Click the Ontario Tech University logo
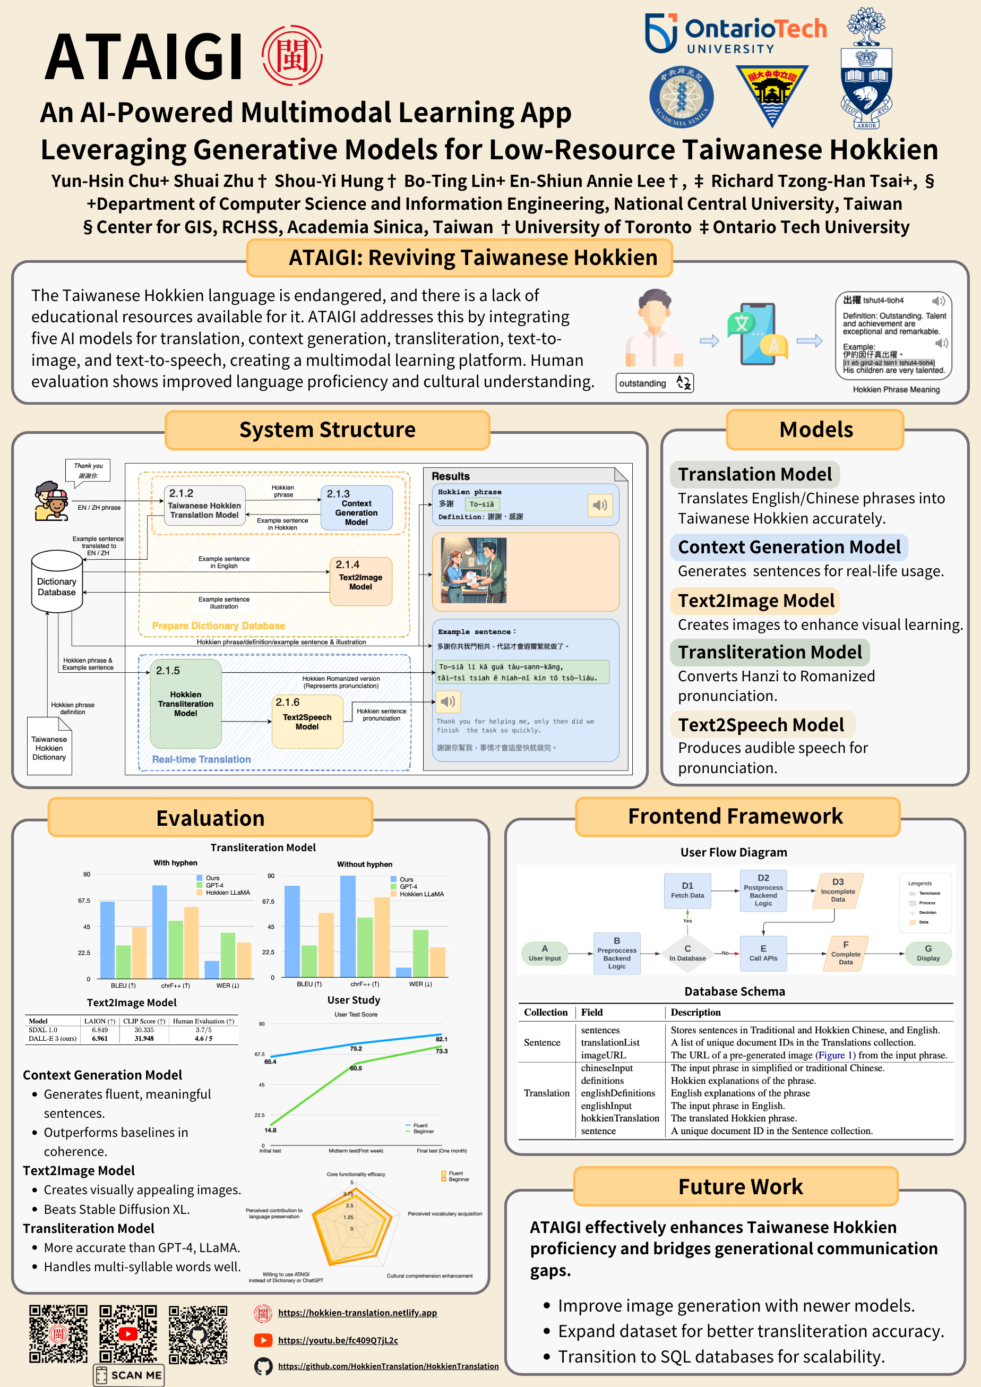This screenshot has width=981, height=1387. point(735,33)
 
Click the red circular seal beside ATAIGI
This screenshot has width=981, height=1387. point(292,56)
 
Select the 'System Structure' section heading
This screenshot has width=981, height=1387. point(327,430)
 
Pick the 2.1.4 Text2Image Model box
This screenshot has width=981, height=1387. point(360,580)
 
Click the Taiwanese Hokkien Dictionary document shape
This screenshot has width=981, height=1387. point(49,747)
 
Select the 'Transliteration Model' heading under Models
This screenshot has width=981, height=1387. point(769,653)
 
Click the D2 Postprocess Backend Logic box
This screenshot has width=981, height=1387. point(763,891)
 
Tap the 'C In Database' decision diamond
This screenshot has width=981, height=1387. point(687,953)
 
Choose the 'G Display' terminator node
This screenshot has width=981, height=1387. point(928,953)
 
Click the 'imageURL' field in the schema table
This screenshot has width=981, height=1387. point(603,1055)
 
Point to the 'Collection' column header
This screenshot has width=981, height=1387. point(546,1012)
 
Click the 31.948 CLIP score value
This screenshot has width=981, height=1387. point(144,1039)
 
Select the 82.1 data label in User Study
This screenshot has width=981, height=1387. point(442,1039)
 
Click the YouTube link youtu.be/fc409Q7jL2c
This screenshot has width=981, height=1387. point(338,1340)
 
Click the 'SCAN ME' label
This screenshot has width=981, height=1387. point(128,1375)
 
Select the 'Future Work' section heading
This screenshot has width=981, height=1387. point(740,1186)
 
